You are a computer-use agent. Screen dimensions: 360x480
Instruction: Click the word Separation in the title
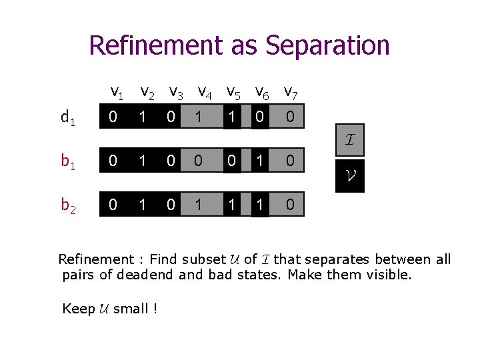click(x=327, y=45)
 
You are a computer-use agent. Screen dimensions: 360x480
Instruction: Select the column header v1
click(x=116, y=91)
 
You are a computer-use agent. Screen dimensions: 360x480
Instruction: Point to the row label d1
click(x=67, y=119)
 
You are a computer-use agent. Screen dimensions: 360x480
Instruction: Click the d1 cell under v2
click(x=142, y=117)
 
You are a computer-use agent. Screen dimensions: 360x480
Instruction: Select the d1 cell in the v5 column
click(x=231, y=117)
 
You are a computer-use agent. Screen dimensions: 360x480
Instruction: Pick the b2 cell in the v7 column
click(x=290, y=204)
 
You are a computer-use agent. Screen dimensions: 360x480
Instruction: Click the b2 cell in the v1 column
click(x=113, y=204)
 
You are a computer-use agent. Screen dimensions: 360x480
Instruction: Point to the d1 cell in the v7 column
click(x=290, y=117)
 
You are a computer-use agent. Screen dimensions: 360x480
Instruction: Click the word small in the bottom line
click(x=131, y=309)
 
